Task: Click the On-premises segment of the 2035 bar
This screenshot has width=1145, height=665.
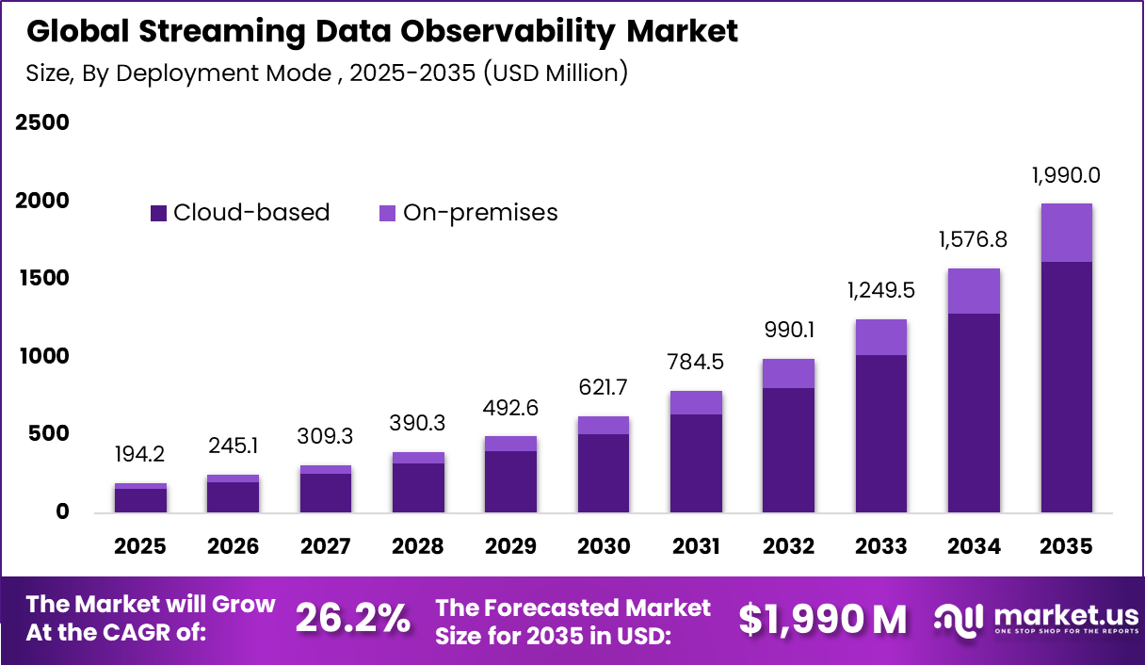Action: (x=1067, y=233)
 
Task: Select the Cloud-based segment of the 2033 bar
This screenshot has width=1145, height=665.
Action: (x=881, y=433)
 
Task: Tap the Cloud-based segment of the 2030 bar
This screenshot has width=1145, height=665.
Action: (x=603, y=473)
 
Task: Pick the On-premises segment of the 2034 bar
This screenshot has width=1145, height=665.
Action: (x=974, y=291)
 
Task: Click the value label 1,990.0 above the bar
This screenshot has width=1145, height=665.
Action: (x=1066, y=176)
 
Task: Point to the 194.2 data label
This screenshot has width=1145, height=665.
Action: (x=140, y=455)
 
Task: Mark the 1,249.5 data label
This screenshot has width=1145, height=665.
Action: (x=881, y=290)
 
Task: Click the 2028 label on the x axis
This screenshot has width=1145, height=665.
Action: (x=418, y=547)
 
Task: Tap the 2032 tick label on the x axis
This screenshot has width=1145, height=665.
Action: (x=788, y=547)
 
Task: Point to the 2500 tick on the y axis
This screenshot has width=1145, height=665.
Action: (x=42, y=123)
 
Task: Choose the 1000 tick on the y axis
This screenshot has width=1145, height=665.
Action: (x=42, y=356)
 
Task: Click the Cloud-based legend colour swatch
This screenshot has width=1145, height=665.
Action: (x=158, y=214)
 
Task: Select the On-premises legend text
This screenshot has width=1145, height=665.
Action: (x=480, y=213)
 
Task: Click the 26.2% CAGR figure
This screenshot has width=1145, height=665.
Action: (x=353, y=619)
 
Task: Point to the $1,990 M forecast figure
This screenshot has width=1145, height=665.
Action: (x=823, y=619)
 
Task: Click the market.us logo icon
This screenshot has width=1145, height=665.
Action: (x=959, y=619)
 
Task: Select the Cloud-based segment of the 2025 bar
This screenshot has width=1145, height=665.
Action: (x=140, y=500)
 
